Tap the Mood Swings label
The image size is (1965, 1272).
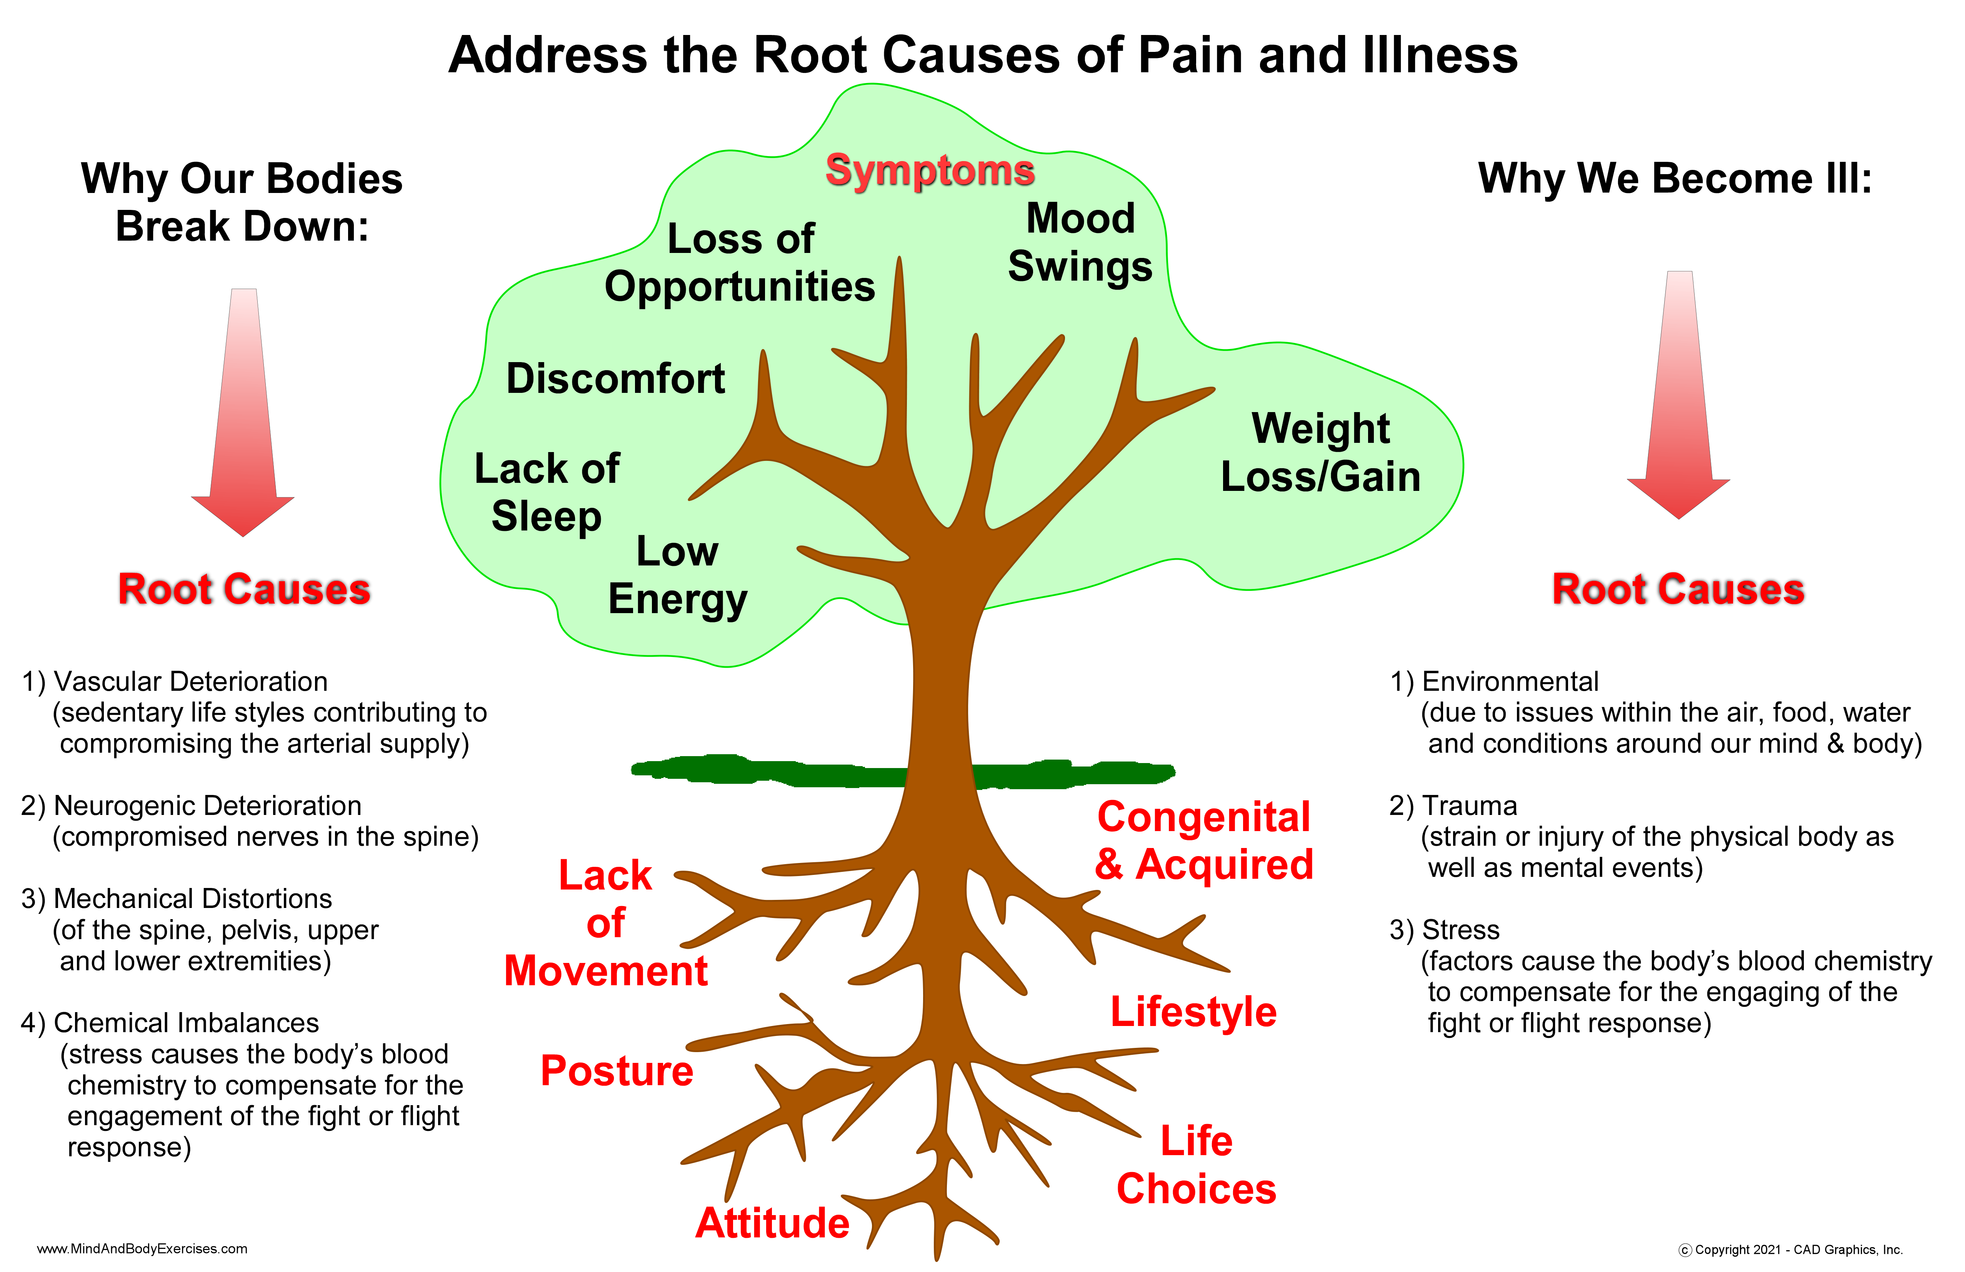(1080, 243)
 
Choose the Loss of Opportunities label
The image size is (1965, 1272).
(740, 263)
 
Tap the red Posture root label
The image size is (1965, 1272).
(617, 1071)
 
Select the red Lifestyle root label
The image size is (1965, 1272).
(1193, 1012)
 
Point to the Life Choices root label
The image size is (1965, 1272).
(1196, 1165)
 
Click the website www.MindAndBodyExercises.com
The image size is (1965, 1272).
(142, 1249)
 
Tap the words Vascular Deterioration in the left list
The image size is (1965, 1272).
(190, 682)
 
